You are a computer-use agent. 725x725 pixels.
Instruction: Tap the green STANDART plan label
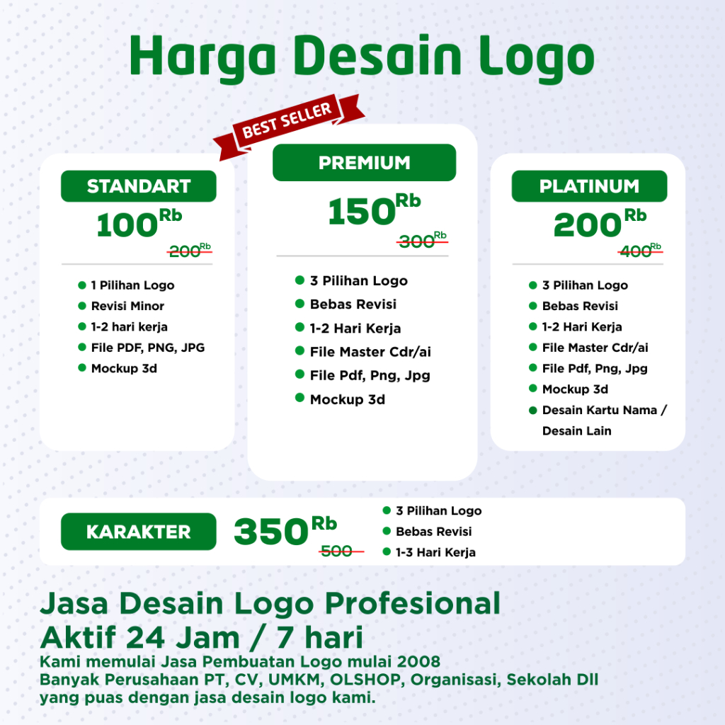click(139, 186)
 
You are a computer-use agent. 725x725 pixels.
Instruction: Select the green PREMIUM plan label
click(364, 163)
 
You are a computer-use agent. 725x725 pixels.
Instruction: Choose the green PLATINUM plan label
click(589, 186)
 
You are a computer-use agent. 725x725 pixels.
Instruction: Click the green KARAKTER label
click(138, 532)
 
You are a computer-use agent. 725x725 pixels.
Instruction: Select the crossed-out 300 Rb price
click(422, 241)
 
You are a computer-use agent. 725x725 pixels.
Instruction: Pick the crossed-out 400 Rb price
click(639, 250)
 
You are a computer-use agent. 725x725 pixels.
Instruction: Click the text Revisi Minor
click(127, 306)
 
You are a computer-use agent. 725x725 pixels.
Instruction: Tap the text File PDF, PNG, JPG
click(148, 348)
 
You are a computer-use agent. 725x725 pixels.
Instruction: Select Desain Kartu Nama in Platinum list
click(605, 410)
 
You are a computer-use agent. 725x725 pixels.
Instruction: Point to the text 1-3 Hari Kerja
click(435, 552)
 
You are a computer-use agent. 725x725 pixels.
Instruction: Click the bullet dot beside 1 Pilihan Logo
click(81, 285)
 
